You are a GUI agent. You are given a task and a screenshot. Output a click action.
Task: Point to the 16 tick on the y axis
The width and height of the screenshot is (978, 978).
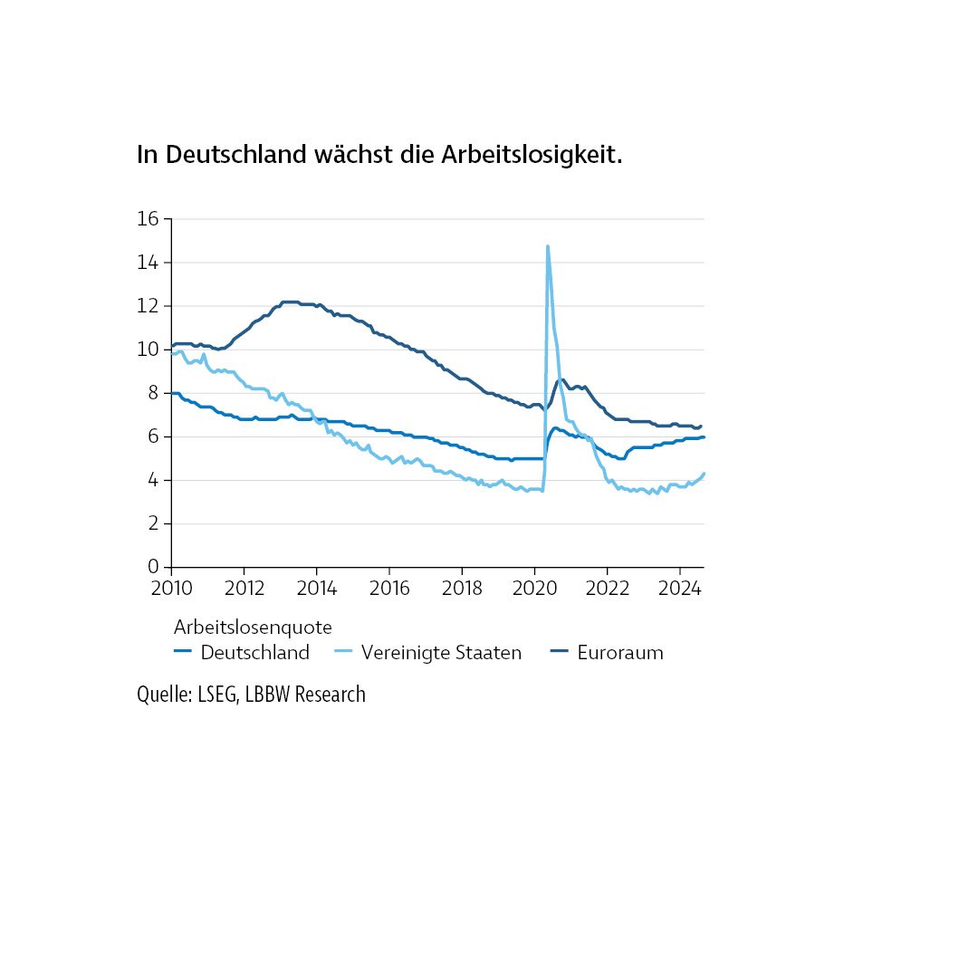149,219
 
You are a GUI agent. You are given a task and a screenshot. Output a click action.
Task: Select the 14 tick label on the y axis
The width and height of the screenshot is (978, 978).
149,263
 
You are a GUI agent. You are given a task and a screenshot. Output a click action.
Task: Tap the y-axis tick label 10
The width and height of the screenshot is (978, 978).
149,350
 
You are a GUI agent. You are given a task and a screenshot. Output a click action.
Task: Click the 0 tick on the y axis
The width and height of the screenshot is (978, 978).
154,567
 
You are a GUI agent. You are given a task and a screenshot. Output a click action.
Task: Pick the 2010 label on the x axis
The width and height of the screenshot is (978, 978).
171,587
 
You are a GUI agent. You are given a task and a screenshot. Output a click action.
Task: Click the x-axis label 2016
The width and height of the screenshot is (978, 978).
388,587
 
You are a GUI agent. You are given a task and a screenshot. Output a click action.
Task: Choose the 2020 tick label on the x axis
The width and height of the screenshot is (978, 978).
534,587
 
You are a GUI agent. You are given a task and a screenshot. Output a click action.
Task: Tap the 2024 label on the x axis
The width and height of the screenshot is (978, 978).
679,587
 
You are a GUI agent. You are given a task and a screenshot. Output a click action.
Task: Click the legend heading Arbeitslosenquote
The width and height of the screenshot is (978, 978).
253,627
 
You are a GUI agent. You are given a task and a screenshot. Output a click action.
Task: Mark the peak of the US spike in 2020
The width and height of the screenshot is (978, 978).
547,246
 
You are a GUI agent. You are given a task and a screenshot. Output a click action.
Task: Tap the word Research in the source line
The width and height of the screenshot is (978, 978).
330,695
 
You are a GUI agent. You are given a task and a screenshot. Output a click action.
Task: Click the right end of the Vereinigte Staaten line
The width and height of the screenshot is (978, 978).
704,474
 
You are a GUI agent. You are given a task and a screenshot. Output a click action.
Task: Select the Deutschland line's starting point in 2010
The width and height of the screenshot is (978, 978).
172,393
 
